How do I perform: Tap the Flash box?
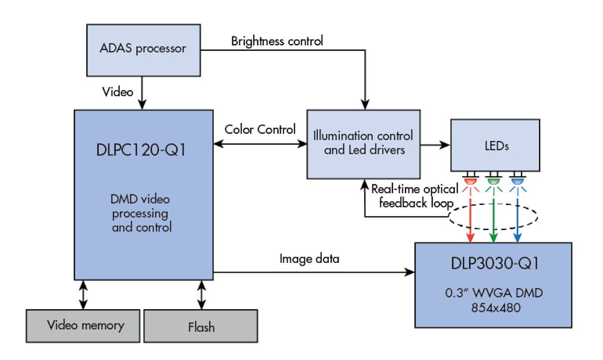(201, 326)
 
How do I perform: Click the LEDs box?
(495, 146)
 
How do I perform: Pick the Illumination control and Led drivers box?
(363, 144)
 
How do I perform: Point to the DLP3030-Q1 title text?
(493, 264)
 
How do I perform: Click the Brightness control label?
(277, 41)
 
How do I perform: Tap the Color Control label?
(260, 130)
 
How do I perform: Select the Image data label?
(309, 259)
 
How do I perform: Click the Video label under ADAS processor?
(118, 91)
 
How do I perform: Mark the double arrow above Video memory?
(83, 295)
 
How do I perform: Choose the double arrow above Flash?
(202, 295)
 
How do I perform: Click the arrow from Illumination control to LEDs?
(435, 145)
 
